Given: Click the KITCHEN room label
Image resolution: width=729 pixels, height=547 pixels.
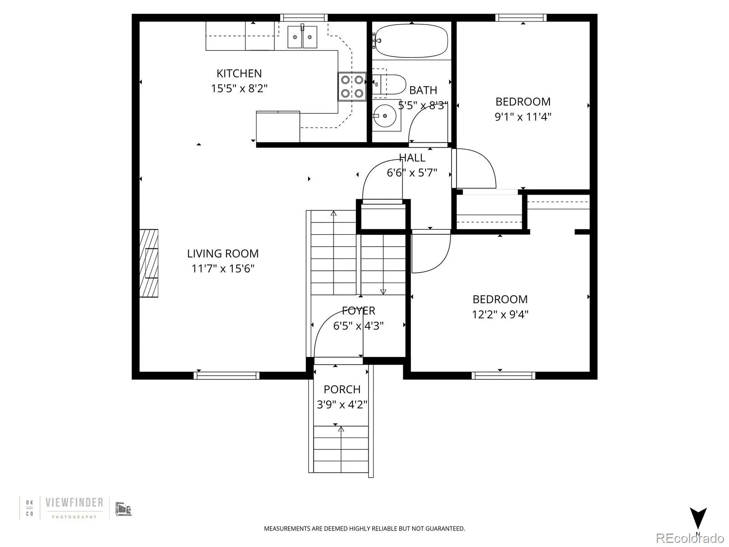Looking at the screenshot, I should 239,73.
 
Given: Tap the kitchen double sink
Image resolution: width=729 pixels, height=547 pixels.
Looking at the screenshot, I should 302,36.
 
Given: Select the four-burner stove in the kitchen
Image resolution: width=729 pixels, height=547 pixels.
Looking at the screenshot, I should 352,87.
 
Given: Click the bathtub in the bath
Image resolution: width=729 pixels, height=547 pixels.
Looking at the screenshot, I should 411,41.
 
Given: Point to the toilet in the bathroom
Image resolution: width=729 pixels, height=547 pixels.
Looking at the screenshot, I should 391,84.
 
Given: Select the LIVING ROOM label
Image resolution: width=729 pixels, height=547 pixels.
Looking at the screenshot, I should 223,253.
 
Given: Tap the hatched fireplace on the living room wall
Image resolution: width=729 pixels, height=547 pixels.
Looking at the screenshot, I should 149,263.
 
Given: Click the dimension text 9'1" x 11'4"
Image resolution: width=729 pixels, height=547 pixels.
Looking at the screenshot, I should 523,117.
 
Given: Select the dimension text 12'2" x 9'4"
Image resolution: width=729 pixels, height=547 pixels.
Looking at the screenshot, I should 500,315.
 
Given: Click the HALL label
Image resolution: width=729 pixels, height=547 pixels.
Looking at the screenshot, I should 412,158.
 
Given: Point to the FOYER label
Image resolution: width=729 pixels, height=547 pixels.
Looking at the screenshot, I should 359,311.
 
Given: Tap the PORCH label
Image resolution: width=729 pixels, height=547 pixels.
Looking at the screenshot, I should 342,389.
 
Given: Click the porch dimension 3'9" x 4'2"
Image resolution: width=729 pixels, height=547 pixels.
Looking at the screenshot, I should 342,405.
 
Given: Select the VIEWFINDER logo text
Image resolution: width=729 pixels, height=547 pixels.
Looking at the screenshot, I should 74,503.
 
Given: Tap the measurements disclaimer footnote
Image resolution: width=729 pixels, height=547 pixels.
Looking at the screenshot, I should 364,529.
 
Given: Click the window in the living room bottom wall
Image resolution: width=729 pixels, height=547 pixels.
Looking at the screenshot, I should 226,376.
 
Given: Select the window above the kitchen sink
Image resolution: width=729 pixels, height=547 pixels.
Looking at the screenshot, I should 304,18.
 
